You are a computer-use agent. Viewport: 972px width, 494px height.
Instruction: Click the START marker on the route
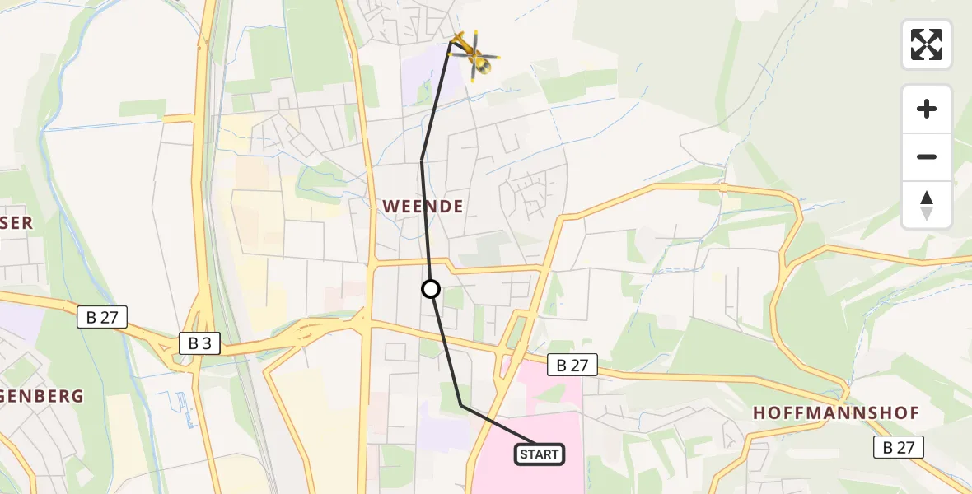pos(540,454)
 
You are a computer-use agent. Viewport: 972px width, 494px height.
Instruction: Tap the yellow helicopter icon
pos(474,54)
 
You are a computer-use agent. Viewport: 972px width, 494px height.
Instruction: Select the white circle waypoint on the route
pos(431,289)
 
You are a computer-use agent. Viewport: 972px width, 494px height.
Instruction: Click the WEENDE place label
pos(423,207)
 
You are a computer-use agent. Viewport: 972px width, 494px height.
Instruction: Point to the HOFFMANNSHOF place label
pos(836,413)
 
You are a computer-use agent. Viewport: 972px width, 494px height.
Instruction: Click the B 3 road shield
pos(199,343)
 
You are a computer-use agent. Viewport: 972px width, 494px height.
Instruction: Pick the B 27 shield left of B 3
pos(102,317)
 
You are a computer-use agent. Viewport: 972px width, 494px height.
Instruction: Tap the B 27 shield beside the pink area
pos(572,366)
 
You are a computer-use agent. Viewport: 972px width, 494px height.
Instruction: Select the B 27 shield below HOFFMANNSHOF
pos(899,447)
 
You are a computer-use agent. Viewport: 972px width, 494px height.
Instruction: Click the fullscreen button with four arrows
pos(927,44)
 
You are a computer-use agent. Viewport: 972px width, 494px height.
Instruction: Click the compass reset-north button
pos(927,205)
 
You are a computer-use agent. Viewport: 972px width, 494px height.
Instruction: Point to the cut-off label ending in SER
pos(16,223)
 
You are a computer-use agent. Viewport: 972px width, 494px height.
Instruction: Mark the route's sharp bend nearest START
pos(461,405)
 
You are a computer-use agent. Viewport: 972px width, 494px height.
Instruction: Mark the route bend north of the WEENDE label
pos(422,160)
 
